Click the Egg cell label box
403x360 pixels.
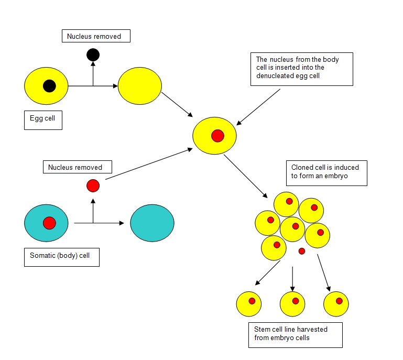(x=43, y=120)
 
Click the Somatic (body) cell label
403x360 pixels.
(x=61, y=257)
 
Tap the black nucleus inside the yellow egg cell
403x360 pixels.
(x=49, y=86)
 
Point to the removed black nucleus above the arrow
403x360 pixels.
(x=93, y=54)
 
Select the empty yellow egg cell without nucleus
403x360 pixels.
(x=139, y=86)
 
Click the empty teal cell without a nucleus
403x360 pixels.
(x=152, y=223)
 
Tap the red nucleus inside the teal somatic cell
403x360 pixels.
(x=49, y=223)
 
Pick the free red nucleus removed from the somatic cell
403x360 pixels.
(x=93, y=186)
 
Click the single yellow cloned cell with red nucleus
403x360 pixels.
(x=214, y=136)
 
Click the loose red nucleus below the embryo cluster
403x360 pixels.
(x=302, y=252)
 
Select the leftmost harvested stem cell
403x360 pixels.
(x=249, y=304)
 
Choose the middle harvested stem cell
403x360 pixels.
(x=292, y=304)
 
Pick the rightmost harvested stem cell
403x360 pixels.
(x=336, y=304)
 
